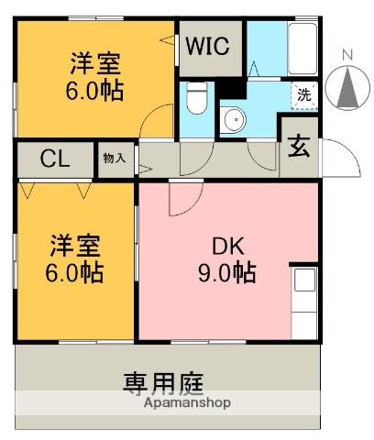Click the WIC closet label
click(208, 46)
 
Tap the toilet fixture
click(197, 97)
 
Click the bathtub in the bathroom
click(302, 49)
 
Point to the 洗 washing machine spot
click(304, 95)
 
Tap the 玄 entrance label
click(299, 146)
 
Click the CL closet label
click(55, 159)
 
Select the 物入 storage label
click(115, 159)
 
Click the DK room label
click(228, 247)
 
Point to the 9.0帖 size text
click(227, 272)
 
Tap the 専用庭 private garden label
click(163, 382)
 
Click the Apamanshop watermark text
click(187, 402)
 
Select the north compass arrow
click(347, 88)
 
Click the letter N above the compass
click(347, 55)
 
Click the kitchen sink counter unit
click(304, 302)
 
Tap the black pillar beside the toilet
click(231, 89)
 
